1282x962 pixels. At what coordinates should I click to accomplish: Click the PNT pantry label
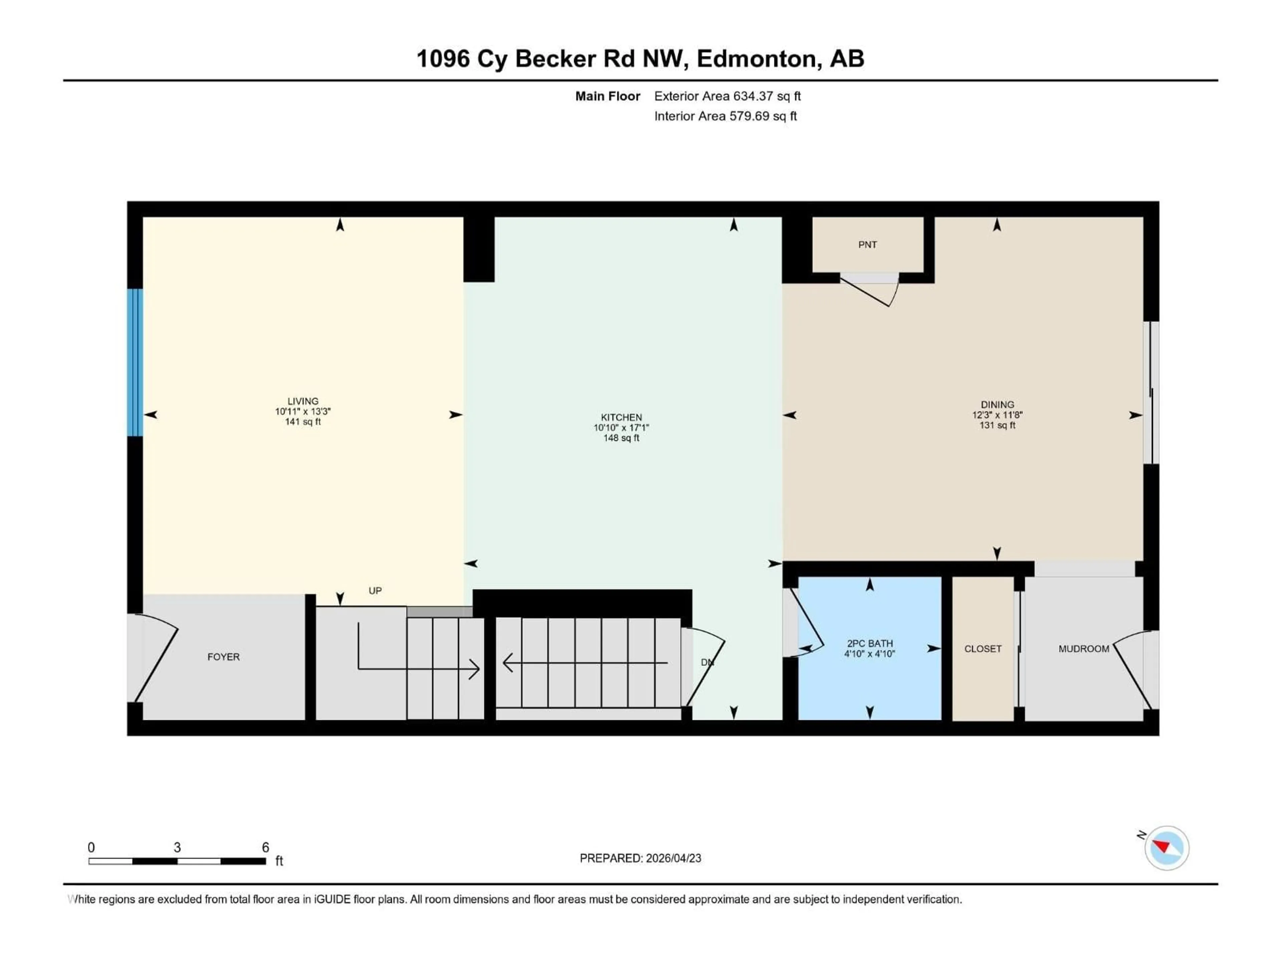pos(867,245)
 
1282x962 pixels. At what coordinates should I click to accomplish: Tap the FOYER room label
pos(223,657)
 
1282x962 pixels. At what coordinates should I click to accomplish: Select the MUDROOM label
pos(1083,649)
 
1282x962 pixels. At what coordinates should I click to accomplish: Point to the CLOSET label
pos(982,649)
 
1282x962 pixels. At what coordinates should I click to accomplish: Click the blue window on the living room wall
pos(135,362)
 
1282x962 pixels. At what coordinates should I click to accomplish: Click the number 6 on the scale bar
pos(265,847)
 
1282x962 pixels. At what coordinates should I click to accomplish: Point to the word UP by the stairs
pos(375,590)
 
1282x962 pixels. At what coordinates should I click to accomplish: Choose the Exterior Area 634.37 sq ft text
pos(727,96)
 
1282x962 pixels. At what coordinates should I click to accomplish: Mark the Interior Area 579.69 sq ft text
pos(725,116)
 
